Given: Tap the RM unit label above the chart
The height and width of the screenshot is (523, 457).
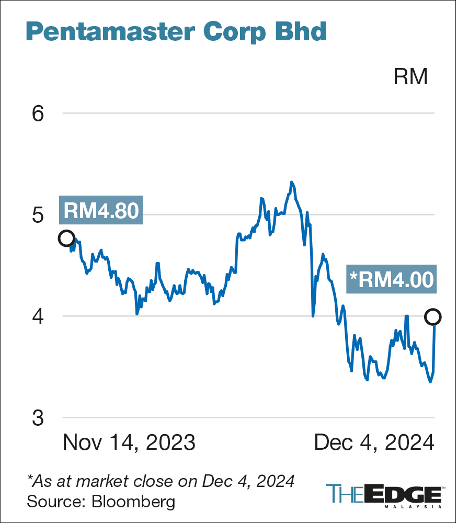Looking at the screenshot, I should point(410,77).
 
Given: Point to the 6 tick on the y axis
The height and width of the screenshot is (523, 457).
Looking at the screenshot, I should point(38,113).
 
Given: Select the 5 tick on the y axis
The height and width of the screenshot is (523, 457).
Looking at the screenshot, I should point(38,215).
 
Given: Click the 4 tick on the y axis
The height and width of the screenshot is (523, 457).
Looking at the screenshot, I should point(38,316).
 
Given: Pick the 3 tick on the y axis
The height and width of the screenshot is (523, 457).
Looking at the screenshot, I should point(38,418).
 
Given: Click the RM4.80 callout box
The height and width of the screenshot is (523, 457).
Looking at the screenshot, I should point(101,211).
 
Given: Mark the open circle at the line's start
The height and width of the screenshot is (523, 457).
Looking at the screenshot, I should point(66,238).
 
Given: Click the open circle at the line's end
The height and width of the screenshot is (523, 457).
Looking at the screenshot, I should point(433,316).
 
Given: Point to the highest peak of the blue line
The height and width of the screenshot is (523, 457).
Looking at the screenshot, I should point(291,183).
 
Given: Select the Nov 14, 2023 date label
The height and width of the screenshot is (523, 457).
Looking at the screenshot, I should point(129,442).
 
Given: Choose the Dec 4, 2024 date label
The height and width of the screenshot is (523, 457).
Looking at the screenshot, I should point(374,442).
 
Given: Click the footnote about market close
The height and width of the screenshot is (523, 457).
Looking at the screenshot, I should point(161,480).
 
